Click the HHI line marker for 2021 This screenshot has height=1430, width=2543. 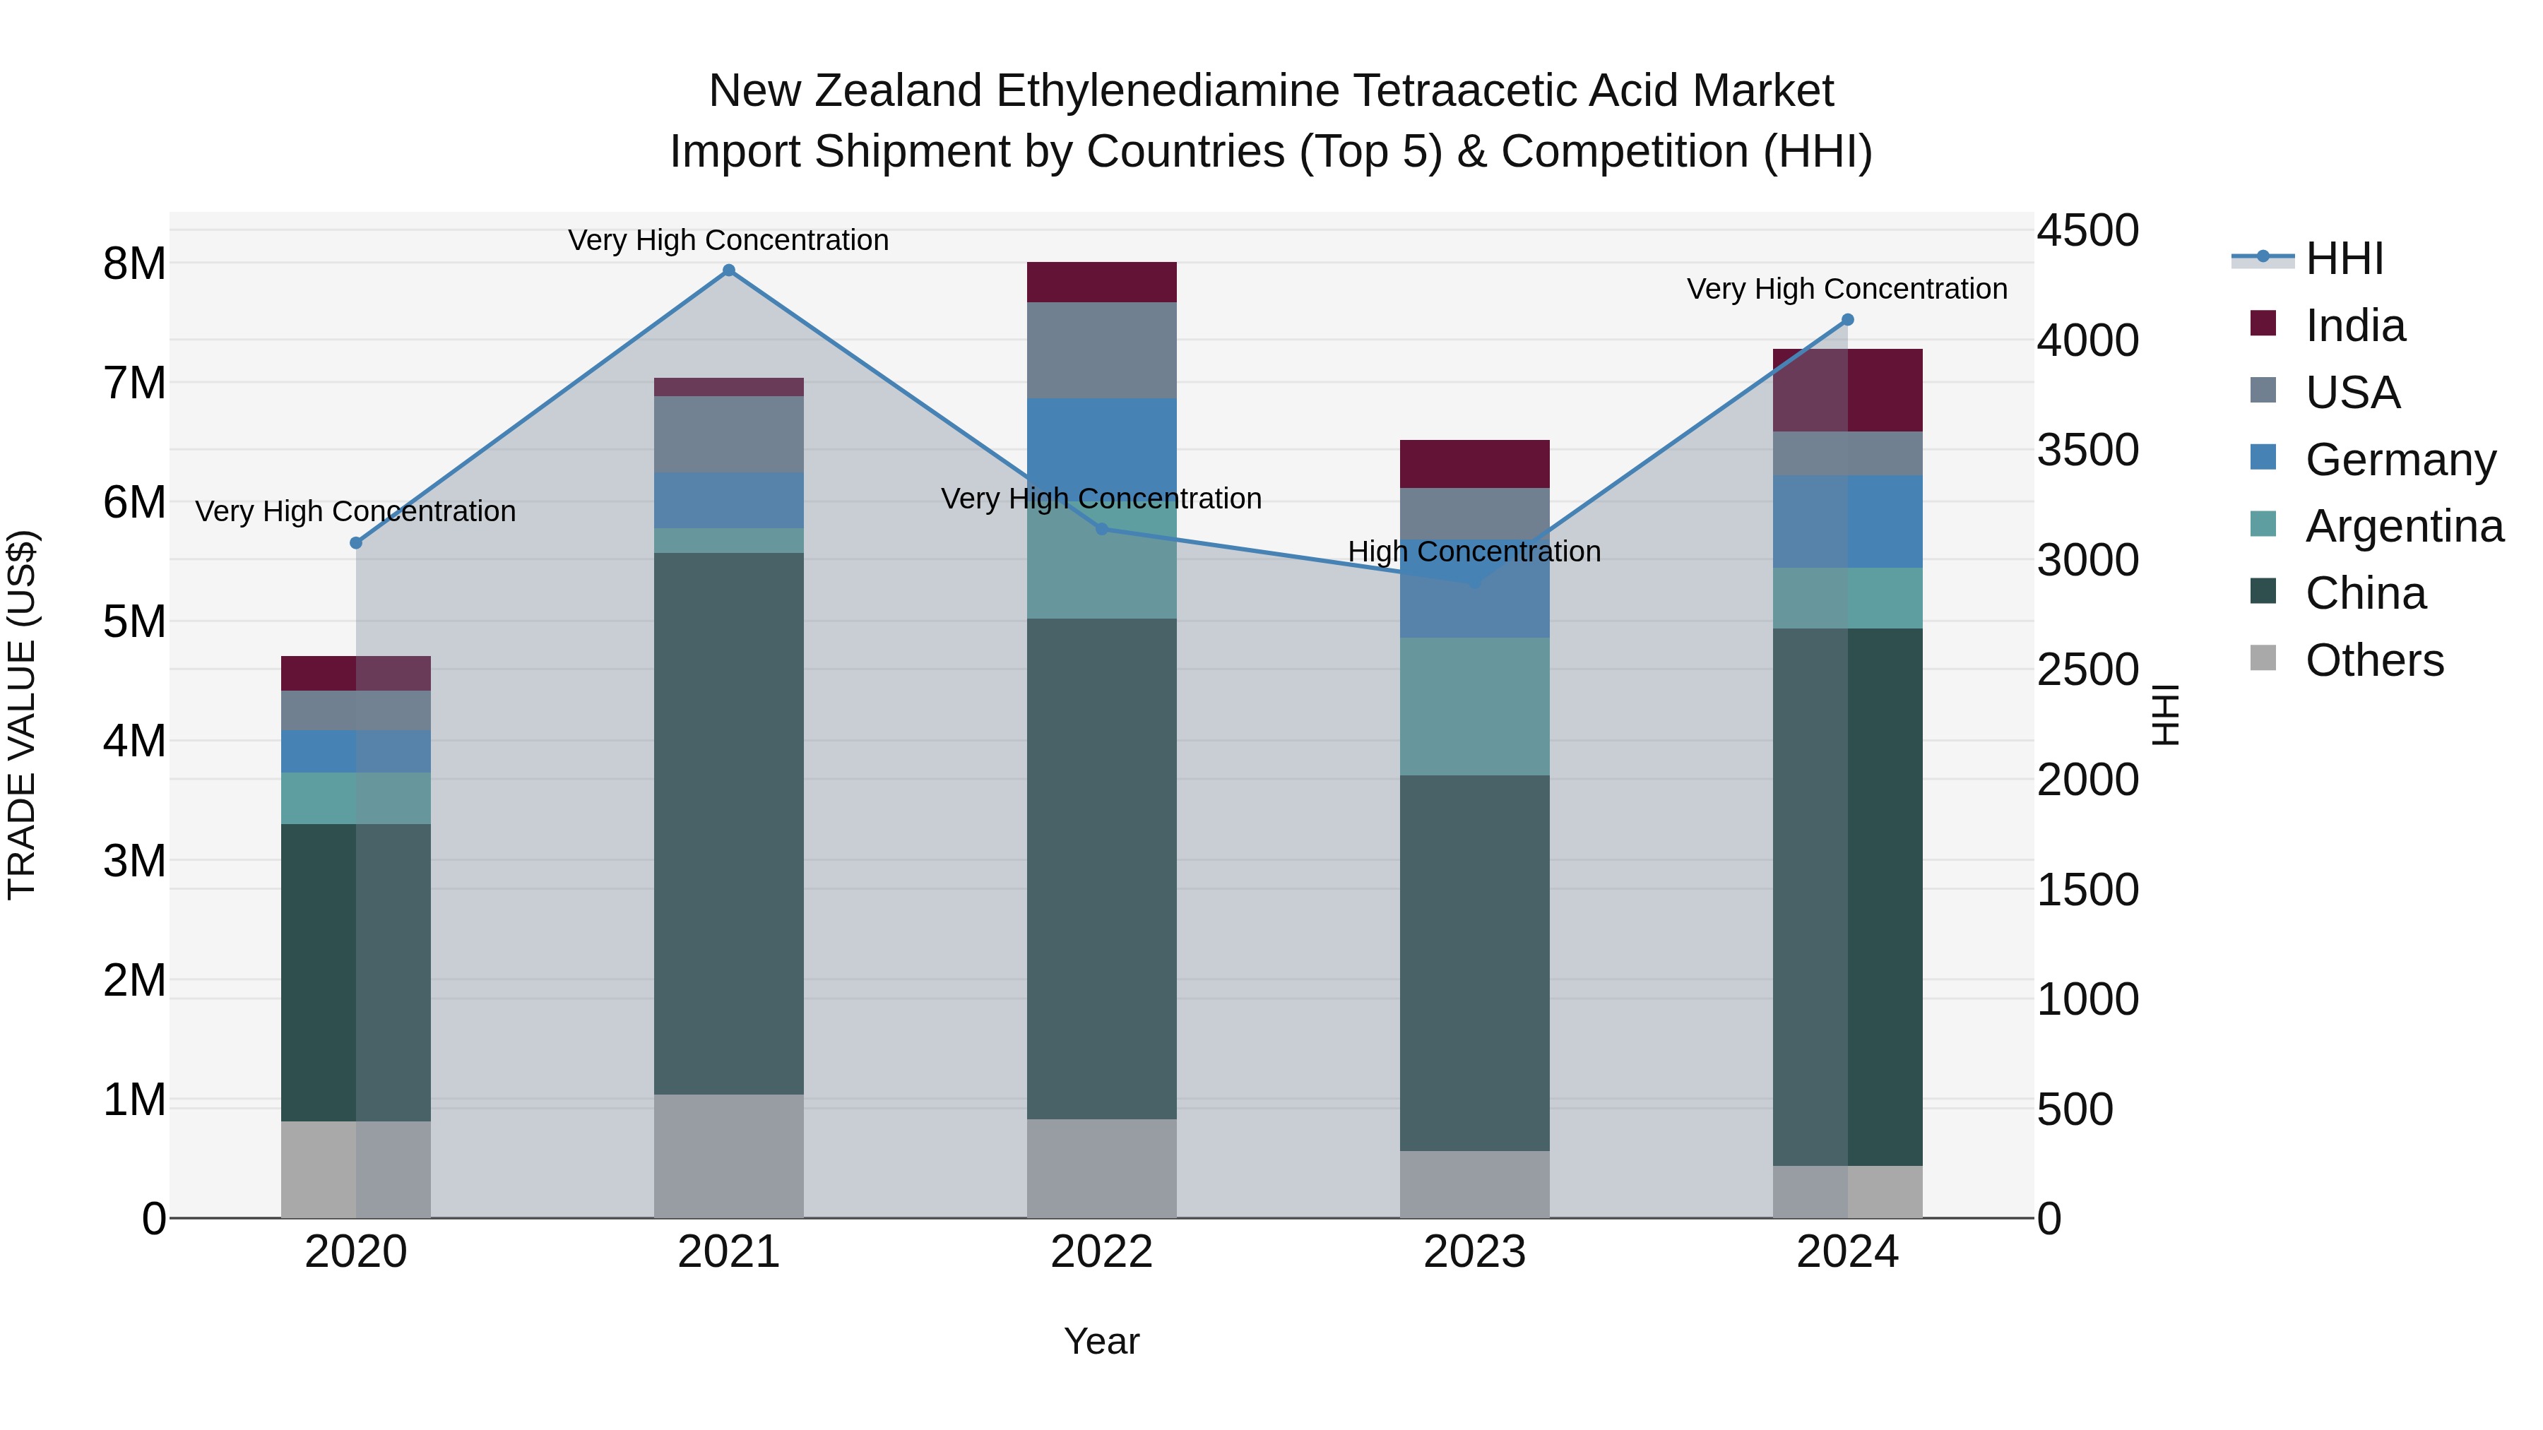click(x=728, y=270)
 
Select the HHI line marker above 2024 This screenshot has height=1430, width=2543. click(x=1848, y=320)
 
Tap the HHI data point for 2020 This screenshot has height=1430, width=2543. click(x=357, y=543)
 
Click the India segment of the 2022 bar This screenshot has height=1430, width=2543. click(x=1102, y=282)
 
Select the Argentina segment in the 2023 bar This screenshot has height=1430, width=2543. click(x=1475, y=707)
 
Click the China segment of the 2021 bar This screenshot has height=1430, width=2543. click(x=728, y=823)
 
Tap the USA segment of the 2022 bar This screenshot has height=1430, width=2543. click(x=1102, y=350)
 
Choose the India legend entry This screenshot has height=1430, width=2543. click(x=2354, y=326)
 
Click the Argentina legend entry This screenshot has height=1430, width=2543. click(x=2403, y=526)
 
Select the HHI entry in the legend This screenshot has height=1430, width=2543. click(x=2344, y=258)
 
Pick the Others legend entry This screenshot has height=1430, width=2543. click(x=2373, y=660)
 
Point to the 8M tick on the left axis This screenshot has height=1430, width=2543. click(x=134, y=263)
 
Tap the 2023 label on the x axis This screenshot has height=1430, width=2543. click(x=1475, y=1252)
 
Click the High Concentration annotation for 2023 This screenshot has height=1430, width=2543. click(x=1475, y=552)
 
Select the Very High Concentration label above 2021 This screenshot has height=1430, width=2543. click(x=728, y=240)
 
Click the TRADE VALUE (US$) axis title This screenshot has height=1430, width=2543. click(x=22, y=715)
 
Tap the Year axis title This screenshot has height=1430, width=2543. click(x=1102, y=1341)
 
